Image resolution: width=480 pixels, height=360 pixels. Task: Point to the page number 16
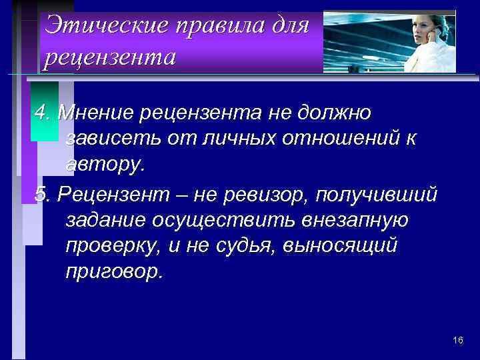[457, 341]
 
